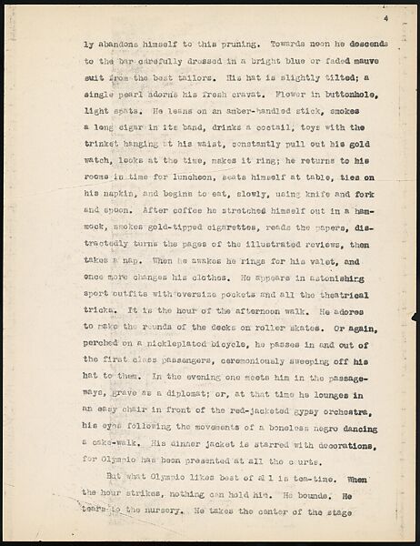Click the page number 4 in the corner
click(385, 18)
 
